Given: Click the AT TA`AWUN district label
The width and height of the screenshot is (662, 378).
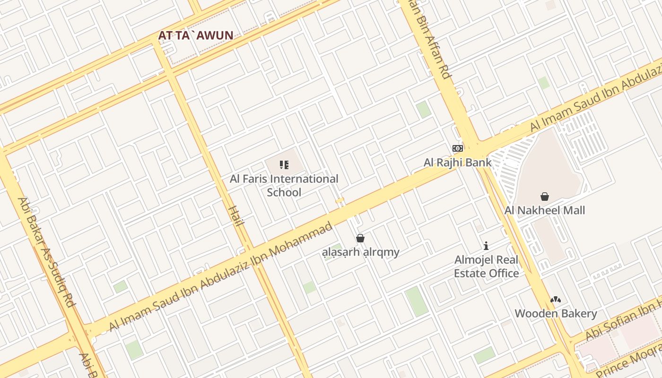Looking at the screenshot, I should coord(195,35).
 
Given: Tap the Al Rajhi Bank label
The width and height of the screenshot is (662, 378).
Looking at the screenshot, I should coord(457,163).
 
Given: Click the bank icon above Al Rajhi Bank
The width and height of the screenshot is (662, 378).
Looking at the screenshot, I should coord(457,148).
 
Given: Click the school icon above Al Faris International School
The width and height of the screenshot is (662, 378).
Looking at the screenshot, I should coord(284,165).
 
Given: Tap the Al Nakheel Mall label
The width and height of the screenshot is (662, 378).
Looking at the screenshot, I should coord(545,210).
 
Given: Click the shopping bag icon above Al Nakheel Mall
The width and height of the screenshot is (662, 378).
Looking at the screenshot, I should coord(545,197).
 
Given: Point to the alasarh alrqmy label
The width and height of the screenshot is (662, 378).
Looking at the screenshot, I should coord(360,252).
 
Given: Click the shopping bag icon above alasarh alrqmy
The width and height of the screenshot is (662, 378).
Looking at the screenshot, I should coord(360,238).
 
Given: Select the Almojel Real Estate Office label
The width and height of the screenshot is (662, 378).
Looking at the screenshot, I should coord(486,266).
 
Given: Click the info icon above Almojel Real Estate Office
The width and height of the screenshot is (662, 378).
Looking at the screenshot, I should coord(486,246).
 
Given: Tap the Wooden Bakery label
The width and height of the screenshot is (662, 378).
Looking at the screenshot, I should coord(556,313).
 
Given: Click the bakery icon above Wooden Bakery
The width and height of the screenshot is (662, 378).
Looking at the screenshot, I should coord(556,300).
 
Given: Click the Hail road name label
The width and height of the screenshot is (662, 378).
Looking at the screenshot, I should coord(235,215).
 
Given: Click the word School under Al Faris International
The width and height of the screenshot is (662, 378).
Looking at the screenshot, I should coord(284,192).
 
